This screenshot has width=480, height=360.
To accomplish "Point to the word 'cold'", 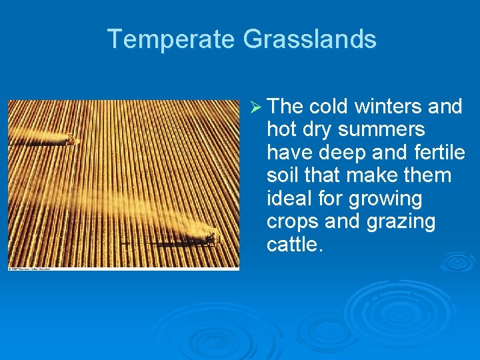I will click(331, 107).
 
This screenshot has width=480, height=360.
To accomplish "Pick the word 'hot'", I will click(282, 130).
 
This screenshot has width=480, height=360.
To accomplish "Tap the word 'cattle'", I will click(293, 245).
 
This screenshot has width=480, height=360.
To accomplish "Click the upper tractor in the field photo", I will click(69, 139).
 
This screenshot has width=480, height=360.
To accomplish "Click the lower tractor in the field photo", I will click(210, 235).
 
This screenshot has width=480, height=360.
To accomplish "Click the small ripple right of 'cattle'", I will click(457, 261).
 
